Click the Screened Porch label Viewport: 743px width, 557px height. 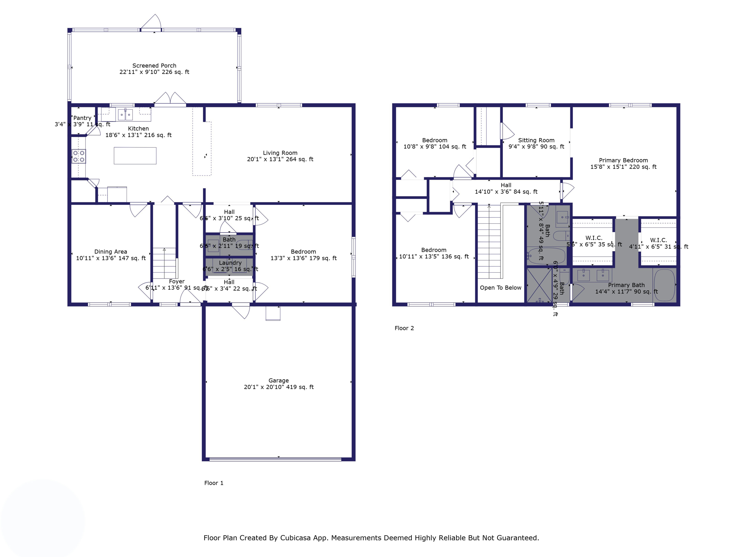[x=154, y=66]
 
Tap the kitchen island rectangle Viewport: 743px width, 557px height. [x=135, y=156]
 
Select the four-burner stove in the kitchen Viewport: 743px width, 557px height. [x=79, y=156]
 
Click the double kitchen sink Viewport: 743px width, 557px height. [x=126, y=115]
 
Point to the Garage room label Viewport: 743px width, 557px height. [x=278, y=380]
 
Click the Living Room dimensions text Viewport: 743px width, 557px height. [x=280, y=159]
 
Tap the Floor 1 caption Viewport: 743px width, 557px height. [x=214, y=483]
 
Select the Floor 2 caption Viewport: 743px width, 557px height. [x=404, y=328]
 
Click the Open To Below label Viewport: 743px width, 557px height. [x=500, y=288]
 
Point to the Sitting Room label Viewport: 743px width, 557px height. [x=536, y=140]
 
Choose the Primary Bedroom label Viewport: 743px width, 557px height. [x=623, y=160]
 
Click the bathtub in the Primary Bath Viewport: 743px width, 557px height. [x=664, y=285]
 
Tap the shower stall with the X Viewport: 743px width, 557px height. [x=539, y=285]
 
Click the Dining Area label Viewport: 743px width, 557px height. [x=111, y=252]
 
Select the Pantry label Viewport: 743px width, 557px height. [x=82, y=118]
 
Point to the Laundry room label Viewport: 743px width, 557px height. [x=230, y=263]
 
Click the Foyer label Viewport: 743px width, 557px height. [x=177, y=281]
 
